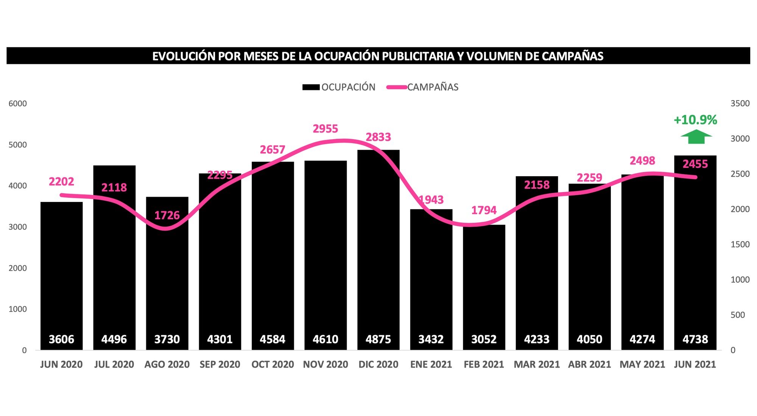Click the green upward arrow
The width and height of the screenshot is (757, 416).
click(x=696, y=137)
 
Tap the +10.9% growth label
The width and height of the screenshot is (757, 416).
click(x=695, y=120)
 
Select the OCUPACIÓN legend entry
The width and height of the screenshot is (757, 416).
click(x=339, y=87)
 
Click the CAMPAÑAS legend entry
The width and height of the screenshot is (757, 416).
click(x=423, y=87)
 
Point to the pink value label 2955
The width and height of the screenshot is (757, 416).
click(x=325, y=129)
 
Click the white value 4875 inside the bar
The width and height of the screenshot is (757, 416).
click(x=378, y=339)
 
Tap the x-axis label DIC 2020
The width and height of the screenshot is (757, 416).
click(x=378, y=365)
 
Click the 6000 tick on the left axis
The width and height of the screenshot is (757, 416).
click(x=17, y=104)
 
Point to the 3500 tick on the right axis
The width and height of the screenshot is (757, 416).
click(x=740, y=104)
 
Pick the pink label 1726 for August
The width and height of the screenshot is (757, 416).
click(x=167, y=216)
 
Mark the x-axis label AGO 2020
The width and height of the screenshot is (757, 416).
click(x=167, y=365)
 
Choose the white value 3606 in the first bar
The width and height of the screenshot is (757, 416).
click(x=61, y=339)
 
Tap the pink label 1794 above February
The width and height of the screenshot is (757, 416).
click(x=484, y=210)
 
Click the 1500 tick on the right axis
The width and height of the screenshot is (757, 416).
click(x=740, y=244)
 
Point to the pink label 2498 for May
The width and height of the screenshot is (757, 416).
click(x=642, y=161)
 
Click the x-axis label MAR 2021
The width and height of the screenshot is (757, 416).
click(x=536, y=365)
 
